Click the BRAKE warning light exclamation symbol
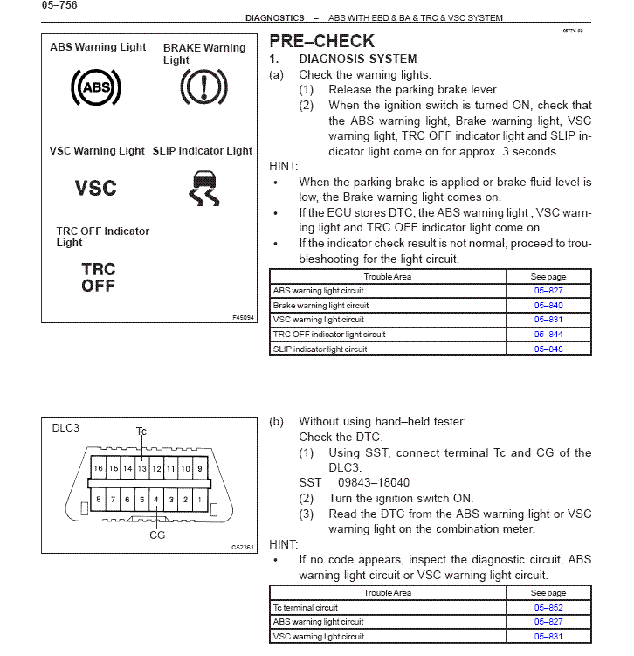(203, 87)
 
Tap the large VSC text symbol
(96, 188)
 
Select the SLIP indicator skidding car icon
(203, 188)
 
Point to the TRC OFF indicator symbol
(99, 278)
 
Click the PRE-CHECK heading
(322, 41)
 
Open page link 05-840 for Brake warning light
(548, 306)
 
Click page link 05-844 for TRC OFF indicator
(548, 335)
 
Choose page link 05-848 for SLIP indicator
(548, 349)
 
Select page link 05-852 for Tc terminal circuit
(548, 608)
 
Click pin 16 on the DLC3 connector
(100, 469)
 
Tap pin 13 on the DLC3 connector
(142, 469)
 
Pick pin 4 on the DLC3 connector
(156, 500)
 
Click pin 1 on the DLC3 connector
(199, 500)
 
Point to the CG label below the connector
(157, 535)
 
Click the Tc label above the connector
(141, 431)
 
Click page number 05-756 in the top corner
(59, 5)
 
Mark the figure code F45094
(243, 317)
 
